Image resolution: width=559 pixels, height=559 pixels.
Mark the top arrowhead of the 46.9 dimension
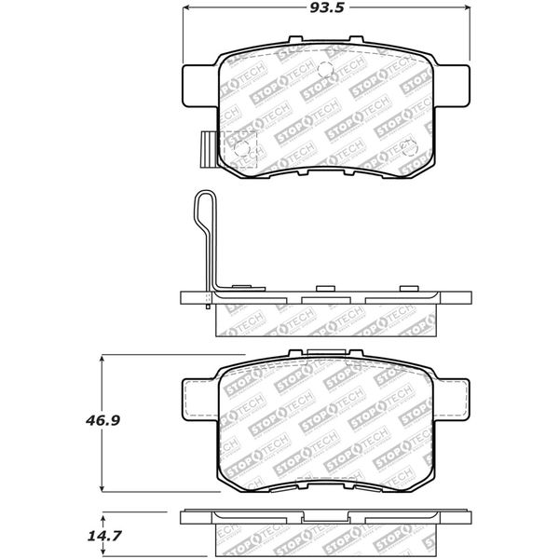coord(102,359)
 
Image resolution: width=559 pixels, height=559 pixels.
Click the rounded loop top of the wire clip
coord(203,195)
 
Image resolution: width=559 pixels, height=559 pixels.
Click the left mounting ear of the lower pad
coord(198,395)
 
